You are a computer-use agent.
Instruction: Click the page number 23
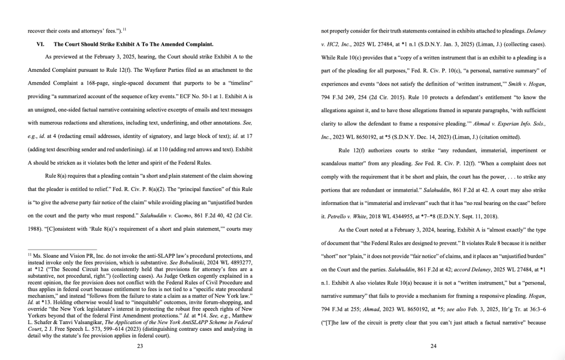point(140,346)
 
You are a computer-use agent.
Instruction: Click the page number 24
point(433,346)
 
